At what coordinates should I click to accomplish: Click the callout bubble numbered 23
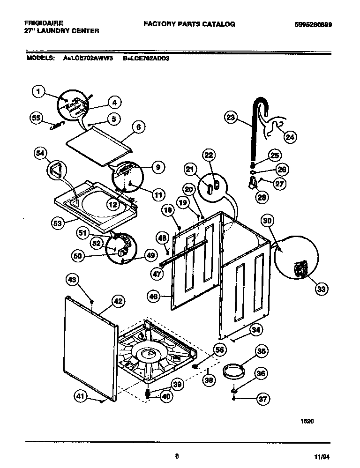[x=230, y=118]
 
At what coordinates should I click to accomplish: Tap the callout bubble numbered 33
[x=321, y=289]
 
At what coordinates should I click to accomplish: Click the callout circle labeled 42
[x=118, y=302]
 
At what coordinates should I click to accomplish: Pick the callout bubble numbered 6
[x=138, y=127]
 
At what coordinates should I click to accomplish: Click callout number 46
[x=153, y=296]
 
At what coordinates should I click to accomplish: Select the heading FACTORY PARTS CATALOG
[x=189, y=24]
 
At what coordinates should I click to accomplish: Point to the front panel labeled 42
[x=89, y=347]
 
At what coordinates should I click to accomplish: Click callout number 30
[x=267, y=220]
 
